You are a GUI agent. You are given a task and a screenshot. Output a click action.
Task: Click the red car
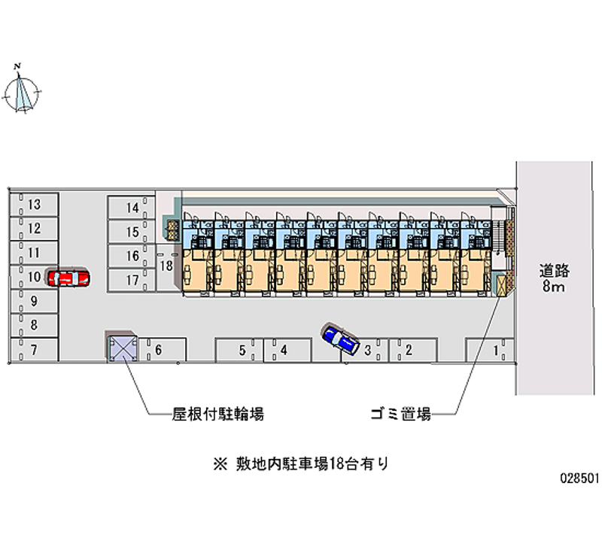click(68, 278)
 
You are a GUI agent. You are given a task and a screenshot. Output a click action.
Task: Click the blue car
click(340, 339)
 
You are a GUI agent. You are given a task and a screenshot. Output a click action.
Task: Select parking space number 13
click(34, 205)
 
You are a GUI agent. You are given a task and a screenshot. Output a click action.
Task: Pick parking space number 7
click(34, 349)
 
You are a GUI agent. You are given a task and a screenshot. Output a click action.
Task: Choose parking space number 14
click(131, 208)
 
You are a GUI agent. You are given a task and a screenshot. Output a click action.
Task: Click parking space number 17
click(131, 280)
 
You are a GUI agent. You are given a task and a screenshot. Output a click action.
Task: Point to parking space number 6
click(160, 350)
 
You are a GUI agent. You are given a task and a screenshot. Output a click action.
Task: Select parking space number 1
click(490, 350)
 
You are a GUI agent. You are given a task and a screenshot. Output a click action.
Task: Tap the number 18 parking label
click(167, 266)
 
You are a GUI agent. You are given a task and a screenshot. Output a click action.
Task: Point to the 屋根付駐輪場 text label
click(217, 414)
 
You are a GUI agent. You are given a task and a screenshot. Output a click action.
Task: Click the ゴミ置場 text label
click(400, 414)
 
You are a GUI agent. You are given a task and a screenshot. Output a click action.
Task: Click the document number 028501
click(578, 478)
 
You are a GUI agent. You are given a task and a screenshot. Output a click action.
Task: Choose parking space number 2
click(409, 350)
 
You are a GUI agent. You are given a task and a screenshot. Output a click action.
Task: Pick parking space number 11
click(34, 253)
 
